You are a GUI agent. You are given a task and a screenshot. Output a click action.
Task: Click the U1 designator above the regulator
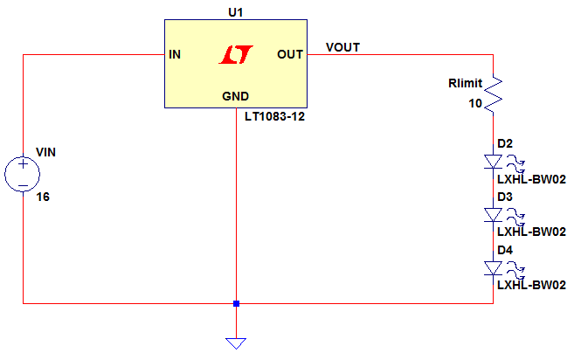236,12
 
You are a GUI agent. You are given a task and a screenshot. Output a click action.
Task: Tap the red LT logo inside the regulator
236,54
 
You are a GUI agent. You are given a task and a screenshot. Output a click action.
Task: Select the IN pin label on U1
175,54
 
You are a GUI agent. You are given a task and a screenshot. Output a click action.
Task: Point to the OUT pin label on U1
290,54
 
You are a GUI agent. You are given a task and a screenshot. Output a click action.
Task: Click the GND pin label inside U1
235,96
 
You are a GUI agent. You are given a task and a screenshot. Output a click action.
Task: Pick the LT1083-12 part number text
274,117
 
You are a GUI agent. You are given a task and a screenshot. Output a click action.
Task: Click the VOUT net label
342,47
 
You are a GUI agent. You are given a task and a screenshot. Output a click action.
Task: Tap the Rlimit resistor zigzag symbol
493,94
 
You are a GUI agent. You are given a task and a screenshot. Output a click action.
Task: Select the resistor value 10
475,103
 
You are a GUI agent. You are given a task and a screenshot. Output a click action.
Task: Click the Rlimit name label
466,83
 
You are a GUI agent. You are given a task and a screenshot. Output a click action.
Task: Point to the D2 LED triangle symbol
493,162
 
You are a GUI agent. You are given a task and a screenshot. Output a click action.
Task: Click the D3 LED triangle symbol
493,215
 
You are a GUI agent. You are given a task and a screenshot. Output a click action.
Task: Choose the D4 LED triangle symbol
493,268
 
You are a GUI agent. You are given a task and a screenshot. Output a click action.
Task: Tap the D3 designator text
505,197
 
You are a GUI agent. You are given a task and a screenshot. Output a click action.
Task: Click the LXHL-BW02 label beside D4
531,285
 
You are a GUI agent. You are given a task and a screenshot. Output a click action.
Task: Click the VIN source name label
45,152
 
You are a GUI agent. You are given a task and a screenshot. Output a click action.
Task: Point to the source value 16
43,197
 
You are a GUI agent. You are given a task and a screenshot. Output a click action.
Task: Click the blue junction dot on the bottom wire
236,304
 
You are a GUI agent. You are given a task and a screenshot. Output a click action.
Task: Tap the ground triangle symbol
236,343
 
